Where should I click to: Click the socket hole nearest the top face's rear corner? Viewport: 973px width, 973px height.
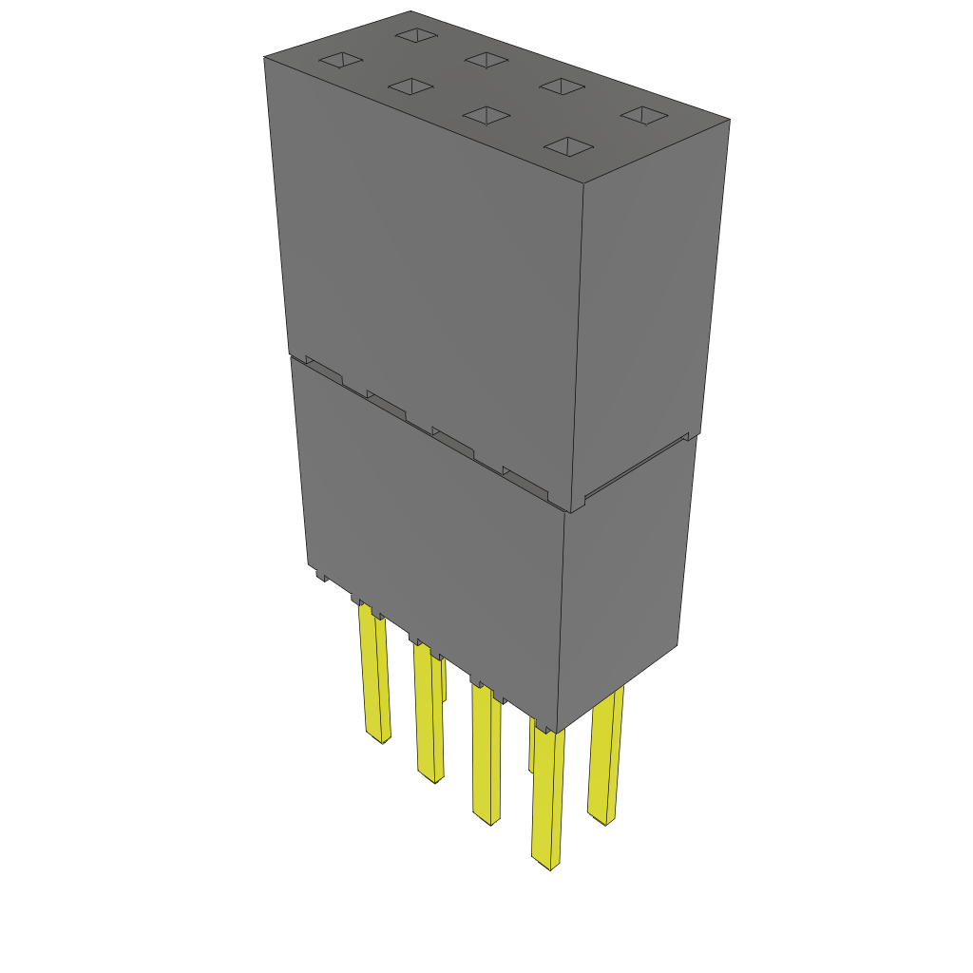click(x=415, y=35)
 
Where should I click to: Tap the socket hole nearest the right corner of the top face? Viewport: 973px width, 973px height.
click(x=645, y=115)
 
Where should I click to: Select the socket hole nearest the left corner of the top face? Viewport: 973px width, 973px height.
click(x=340, y=61)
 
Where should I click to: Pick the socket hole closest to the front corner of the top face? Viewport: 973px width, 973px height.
click(x=568, y=146)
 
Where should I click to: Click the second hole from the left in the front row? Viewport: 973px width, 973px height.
click(x=411, y=86)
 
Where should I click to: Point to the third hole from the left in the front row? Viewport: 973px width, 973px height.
click(x=486, y=115)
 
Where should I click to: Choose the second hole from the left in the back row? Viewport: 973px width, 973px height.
click(x=487, y=60)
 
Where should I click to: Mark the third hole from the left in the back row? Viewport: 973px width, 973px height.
click(x=562, y=86)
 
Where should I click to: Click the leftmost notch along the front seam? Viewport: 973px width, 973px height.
click(x=323, y=370)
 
